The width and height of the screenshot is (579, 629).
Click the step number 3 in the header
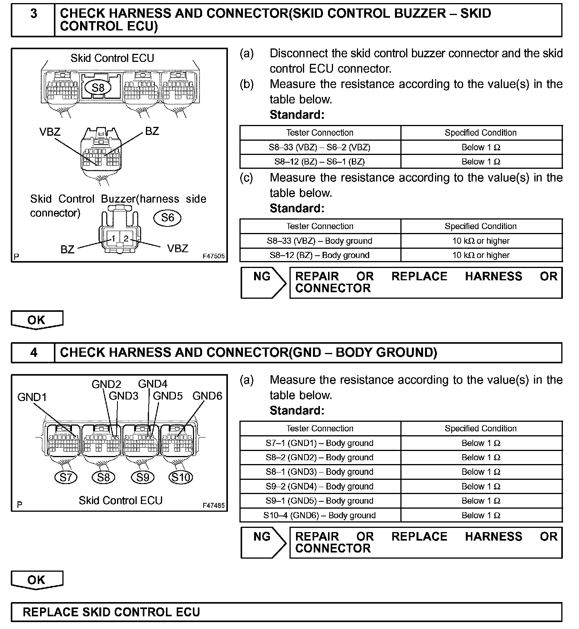click(33, 14)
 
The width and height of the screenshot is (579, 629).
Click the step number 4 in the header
click(33, 353)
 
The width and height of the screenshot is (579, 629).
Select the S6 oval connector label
click(167, 218)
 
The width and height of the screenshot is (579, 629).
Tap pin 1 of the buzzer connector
click(114, 239)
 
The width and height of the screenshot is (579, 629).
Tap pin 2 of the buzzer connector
click(126, 239)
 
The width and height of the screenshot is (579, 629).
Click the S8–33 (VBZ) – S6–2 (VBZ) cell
click(320, 147)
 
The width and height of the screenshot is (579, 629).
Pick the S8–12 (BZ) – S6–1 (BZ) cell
click(320, 161)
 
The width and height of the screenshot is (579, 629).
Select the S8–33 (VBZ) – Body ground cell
click(320, 241)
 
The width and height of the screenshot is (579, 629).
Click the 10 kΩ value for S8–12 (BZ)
click(481, 255)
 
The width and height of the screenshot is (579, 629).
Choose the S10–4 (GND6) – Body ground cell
click(320, 515)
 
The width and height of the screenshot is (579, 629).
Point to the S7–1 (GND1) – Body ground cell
click(320, 443)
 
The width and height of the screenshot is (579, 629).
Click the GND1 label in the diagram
click(32, 397)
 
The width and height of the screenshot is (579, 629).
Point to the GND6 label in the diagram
click(208, 396)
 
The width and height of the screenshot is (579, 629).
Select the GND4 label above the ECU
click(153, 384)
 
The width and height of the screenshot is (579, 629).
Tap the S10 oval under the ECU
click(181, 478)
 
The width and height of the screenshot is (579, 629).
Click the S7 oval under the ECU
click(66, 478)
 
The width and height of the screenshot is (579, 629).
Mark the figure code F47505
click(214, 256)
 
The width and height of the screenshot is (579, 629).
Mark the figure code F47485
click(214, 505)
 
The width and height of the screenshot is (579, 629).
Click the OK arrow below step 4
click(37, 580)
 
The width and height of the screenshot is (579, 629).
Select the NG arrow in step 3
click(263, 282)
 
